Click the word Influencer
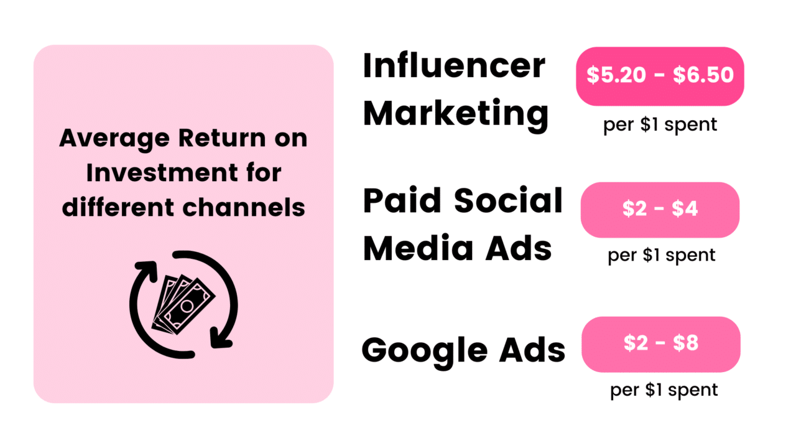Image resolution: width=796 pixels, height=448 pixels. click(454, 67)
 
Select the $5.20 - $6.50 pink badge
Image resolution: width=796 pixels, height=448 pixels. click(660, 75)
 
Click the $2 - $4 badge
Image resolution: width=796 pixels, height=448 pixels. click(660, 210)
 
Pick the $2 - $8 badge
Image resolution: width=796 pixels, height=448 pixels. click(660, 344)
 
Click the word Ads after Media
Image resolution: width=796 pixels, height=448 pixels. click(520, 248)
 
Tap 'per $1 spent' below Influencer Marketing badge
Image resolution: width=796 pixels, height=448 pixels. click(660, 124)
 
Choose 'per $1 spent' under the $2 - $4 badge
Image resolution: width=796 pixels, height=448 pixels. click(662, 255)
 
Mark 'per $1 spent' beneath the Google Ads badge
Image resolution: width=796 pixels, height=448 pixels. click(664, 390)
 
